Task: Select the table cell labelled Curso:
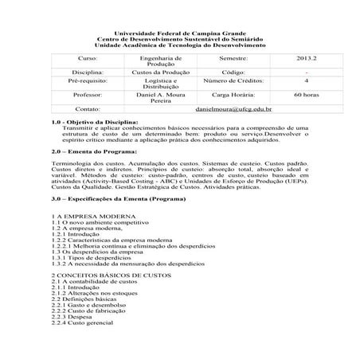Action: pyautogui.click(x=86, y=59)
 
